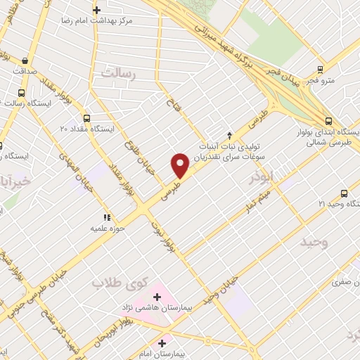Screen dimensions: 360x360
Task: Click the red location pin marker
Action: (x=181, y=165)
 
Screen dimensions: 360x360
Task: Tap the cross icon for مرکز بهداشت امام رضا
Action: (x=97, y=10)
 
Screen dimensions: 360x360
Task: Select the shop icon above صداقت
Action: (x=25, y=61)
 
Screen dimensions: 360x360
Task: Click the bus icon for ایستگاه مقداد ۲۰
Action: (x=86, y=118)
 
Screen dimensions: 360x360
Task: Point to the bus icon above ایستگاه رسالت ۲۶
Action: (x=21, y=93)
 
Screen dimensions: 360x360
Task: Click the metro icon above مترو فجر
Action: (x=321, y=70)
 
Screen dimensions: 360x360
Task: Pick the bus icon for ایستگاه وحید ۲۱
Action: (x=344, y=193)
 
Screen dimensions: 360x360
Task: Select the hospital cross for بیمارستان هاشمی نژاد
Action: (x=156, y=298)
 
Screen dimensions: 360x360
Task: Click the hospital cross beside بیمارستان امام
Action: (x=162, y=344)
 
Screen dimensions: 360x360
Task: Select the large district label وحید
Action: (x=314, y=243)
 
